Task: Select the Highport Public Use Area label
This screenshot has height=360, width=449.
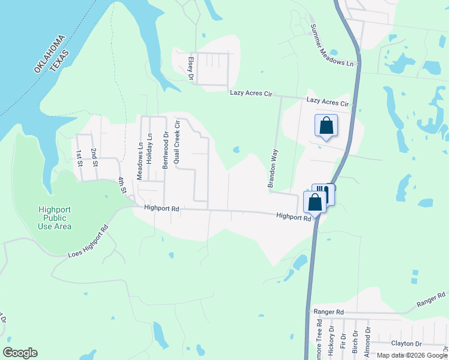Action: (x=55, y=218)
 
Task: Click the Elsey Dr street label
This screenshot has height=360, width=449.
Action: (x=190, y=68)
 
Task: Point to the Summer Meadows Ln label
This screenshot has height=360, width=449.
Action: (x=333, y=45)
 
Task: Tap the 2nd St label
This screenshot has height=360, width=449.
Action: (x=94, y=155)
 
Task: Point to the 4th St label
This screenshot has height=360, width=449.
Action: (x=122, y=185)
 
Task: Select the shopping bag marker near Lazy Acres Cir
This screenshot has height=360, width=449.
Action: (x=326, y=126)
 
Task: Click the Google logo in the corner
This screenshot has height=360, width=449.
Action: (x=20, y=353)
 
